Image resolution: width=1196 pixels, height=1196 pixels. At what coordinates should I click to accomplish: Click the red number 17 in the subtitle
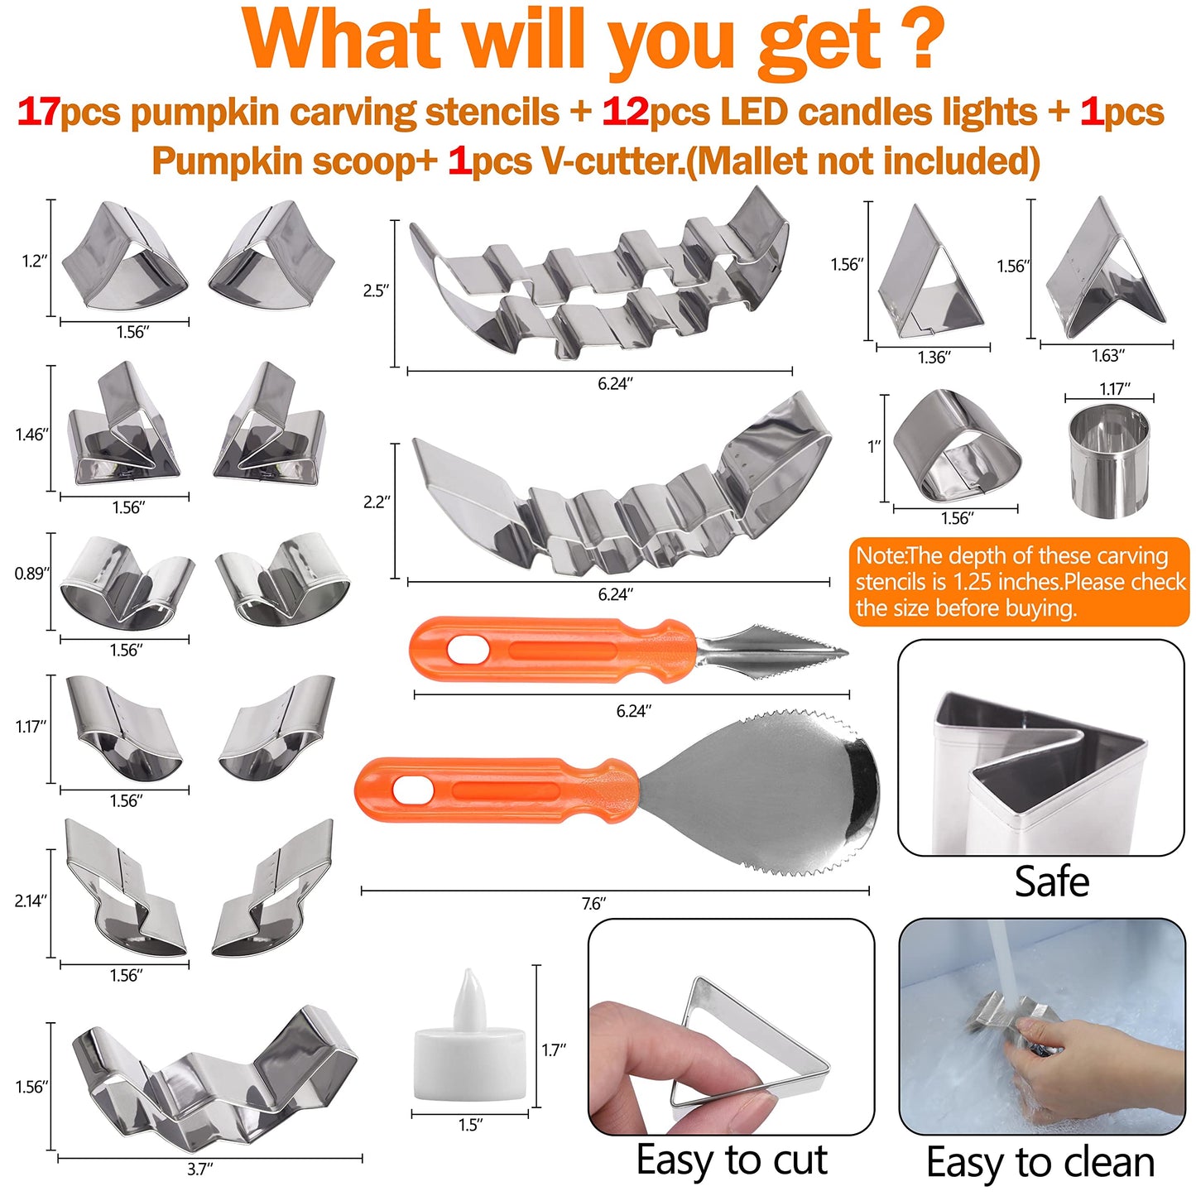(38, 112)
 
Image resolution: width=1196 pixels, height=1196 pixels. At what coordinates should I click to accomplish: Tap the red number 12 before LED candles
(625, 112)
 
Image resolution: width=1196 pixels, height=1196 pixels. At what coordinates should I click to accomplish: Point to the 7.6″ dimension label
(593, 904)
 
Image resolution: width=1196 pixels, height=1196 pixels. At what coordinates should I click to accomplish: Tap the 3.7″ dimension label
(199, 1169)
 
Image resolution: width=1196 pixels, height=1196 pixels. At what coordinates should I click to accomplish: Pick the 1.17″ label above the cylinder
(1114, 388)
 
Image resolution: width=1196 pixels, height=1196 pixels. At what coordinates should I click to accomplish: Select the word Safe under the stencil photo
(1051, 881)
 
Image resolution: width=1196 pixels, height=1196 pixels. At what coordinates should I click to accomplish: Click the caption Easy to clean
(1040, 1162)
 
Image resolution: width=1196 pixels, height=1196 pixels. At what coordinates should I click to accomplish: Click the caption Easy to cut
(732, 1160)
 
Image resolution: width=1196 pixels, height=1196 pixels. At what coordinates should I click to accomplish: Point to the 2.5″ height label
(376, 291)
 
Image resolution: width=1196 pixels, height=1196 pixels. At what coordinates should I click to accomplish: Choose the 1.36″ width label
(934, 357)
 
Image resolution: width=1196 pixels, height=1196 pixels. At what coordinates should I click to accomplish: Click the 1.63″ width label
(1107, 356)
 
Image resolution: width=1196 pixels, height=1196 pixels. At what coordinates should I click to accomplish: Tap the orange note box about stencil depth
(1018, 581)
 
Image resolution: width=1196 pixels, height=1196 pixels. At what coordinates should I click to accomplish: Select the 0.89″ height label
(32, 573)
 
